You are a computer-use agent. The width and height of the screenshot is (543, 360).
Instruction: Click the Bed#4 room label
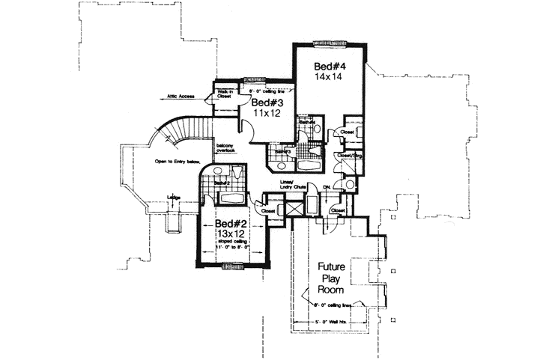click(328, 67)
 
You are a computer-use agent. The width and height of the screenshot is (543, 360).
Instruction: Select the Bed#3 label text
click(265, 103)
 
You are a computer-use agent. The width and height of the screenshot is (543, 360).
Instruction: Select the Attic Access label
click(182, 96)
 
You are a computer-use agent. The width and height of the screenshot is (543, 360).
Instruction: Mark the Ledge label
click(173, 197)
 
